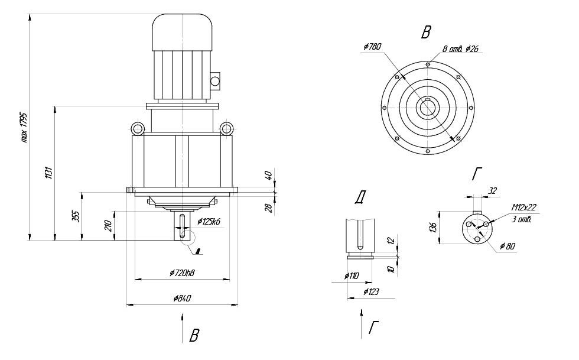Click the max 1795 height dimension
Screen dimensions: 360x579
[x=24, y=127]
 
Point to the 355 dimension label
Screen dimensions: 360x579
[x=75, y=216]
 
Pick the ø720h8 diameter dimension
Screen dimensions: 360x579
[x=181, y=273]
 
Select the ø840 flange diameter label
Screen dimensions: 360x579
[x=181, y=299]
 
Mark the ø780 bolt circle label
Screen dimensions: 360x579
[x=373, y=47]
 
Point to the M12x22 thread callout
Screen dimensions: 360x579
[x=523, y=207]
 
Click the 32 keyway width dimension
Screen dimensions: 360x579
[x=493, y=190]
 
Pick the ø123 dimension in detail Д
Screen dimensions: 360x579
[x=371, y=292]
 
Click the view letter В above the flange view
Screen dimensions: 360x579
[x=425, y=33]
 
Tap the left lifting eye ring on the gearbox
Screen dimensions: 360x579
[x=138, y=128]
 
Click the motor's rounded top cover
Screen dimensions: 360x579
[x=183, y=31]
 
